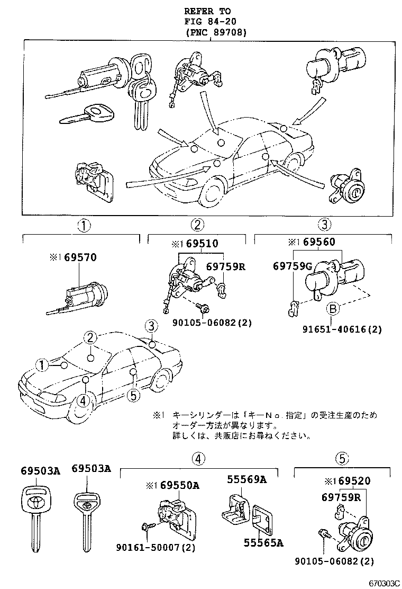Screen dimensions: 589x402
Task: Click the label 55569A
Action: (x=246, y=480)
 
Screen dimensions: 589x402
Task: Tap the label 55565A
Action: (x=263, y=542)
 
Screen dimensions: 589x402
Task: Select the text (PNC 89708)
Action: (x=216, y=32)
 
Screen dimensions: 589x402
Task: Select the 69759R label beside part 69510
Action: (x=225, y=266)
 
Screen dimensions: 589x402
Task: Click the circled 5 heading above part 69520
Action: (x=342, y=459)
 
